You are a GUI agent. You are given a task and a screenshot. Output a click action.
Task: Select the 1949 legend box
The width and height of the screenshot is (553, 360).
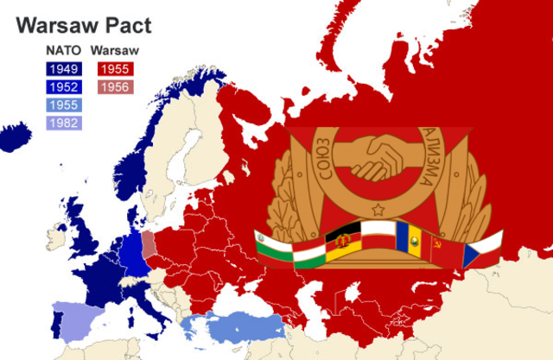(62, 68)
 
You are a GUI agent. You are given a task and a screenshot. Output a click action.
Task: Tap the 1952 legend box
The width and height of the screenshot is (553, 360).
(62, 87)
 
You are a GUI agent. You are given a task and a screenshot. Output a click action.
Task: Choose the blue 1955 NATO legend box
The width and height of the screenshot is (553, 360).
(62, 105)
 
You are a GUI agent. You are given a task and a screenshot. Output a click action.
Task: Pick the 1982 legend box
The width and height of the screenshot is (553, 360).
(62, 123)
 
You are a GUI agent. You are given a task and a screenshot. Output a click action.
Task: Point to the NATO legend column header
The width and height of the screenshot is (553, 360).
(62, 51)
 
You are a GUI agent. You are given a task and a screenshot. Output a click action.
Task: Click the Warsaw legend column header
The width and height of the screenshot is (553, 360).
(114, 51)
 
